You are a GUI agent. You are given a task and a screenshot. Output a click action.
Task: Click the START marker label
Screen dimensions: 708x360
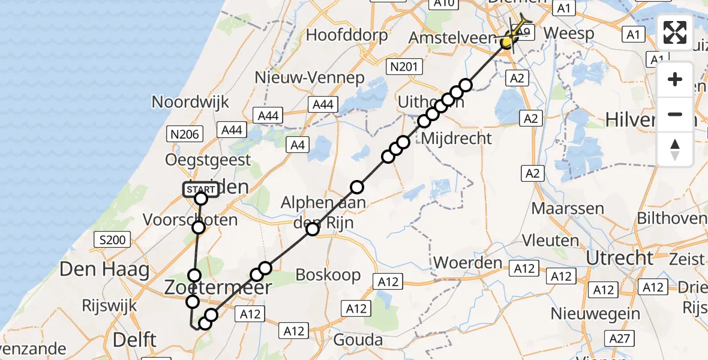(x=200, y=190)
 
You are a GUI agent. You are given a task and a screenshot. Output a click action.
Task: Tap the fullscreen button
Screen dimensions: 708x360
(x=675, y=32)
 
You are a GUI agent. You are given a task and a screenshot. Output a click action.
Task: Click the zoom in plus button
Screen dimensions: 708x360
(x=675, y=80)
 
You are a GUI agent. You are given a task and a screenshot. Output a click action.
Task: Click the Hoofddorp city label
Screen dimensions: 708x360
(x=347, y=35)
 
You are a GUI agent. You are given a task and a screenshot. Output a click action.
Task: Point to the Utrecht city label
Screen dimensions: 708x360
(x=619, y=258)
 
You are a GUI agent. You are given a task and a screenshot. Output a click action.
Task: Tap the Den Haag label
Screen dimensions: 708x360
(x=104, y=269)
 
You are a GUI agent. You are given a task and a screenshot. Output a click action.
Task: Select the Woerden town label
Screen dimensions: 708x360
(x=467, y=263)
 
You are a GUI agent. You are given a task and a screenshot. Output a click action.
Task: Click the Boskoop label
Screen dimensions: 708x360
(x=328, y=275)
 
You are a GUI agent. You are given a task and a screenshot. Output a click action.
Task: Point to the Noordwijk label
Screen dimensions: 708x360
(x=190, y=101)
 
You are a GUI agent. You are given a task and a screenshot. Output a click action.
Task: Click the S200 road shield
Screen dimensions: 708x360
(x=112, y=241)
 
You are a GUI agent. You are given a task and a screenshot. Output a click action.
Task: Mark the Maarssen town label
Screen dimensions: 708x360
(x=568, y=209)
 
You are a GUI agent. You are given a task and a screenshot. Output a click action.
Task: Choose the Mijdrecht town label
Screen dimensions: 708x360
(x=457, y=138)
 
